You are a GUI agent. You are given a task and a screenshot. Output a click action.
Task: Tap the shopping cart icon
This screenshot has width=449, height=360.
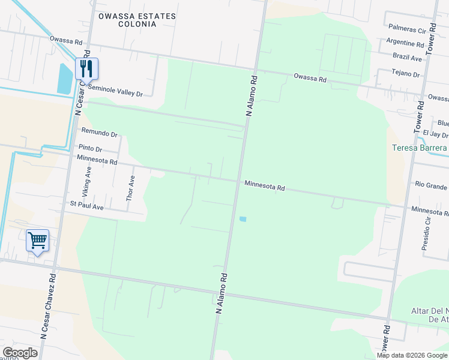pos(37,241)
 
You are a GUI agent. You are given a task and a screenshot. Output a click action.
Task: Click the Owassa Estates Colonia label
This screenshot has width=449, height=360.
pos(137,20)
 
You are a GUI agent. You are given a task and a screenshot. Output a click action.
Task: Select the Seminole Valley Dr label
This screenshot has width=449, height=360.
pos(115,94)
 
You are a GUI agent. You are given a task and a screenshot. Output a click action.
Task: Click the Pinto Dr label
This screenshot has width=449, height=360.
pos(91,149)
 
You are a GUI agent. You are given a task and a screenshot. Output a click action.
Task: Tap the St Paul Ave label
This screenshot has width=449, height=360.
pos(86,207)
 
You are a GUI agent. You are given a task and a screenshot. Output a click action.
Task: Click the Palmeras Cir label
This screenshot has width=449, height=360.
pos(407,28)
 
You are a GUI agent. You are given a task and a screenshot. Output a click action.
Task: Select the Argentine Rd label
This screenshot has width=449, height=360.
pos(406,43)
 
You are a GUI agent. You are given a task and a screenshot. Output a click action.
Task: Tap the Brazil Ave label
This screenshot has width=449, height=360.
pos(408,58)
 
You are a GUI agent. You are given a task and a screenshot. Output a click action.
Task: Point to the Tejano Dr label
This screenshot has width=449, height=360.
pos(406,74)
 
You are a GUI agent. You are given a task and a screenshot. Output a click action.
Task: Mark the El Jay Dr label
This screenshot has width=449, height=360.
pos(436,135)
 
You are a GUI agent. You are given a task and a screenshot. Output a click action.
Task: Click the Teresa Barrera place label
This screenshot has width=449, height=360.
pos(420,148)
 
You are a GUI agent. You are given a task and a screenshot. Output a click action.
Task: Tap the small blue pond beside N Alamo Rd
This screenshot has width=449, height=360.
pos(243,219)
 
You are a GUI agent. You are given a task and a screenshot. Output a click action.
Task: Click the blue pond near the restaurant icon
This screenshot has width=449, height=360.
pos(64,78)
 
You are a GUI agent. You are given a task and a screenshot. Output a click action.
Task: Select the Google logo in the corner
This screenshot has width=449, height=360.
pos(20,353)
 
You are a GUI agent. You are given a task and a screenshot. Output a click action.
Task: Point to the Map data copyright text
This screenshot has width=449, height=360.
pos(411,355)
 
